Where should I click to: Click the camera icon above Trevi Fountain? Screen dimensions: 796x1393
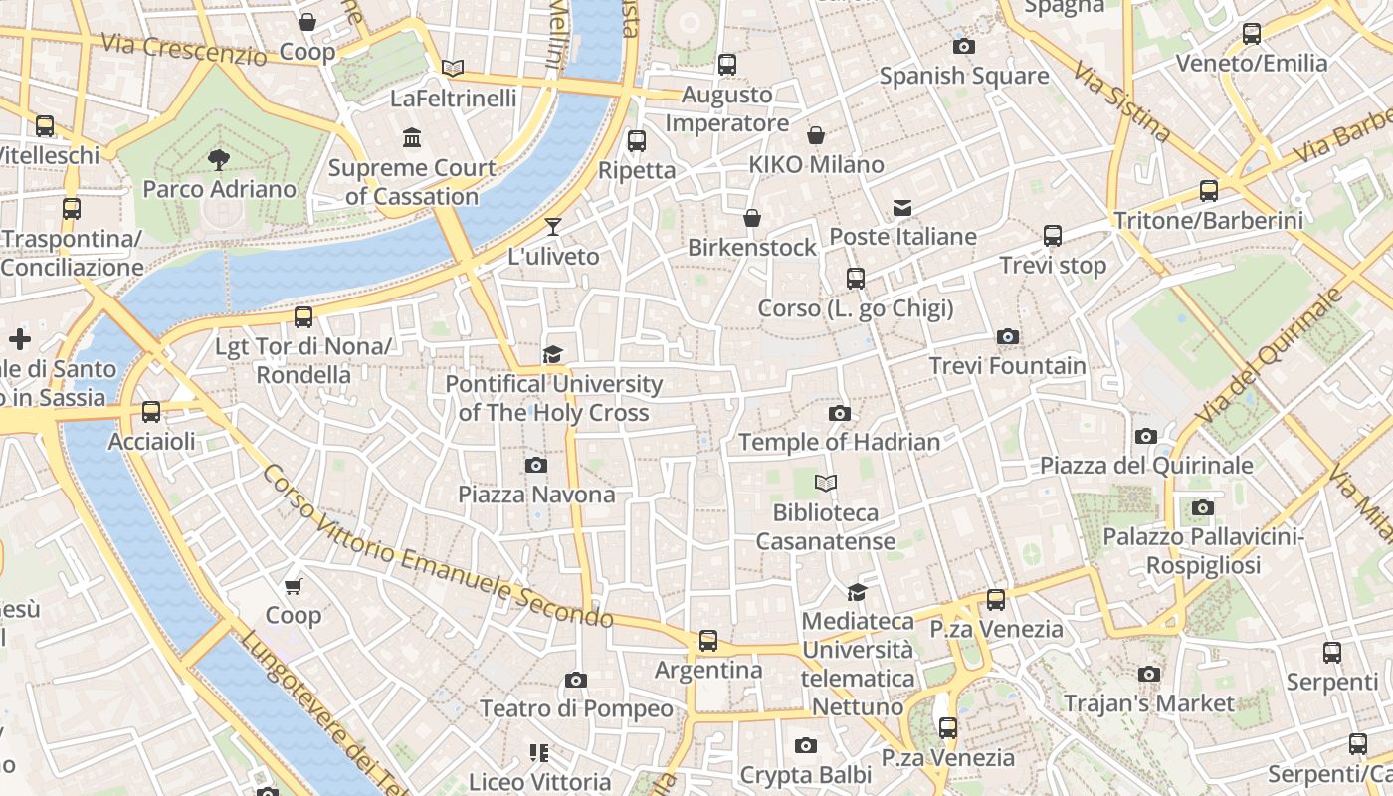1008,337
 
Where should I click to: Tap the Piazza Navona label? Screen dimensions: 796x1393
536,495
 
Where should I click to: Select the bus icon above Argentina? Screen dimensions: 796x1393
708,641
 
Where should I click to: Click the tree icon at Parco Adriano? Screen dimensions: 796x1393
219,159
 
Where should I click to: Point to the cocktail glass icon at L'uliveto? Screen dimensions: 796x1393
553,227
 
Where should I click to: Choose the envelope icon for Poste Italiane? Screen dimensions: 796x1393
902,208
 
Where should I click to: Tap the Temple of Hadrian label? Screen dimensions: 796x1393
839,442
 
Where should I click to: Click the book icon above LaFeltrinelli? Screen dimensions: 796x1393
453,69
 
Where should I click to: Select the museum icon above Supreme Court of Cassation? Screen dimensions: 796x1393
412,137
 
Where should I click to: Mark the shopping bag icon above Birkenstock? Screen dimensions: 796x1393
752,218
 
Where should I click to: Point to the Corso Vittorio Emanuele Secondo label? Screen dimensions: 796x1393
438,548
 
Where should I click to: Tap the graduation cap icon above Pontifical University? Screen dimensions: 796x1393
553,354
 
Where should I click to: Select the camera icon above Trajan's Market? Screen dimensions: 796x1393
1149,675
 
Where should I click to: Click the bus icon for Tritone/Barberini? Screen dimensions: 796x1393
1209,191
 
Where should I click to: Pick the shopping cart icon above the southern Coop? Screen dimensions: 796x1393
293,586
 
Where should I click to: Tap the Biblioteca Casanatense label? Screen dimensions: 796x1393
826,527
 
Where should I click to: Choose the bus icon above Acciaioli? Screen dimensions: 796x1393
151,412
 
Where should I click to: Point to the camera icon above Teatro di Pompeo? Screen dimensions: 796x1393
576,680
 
